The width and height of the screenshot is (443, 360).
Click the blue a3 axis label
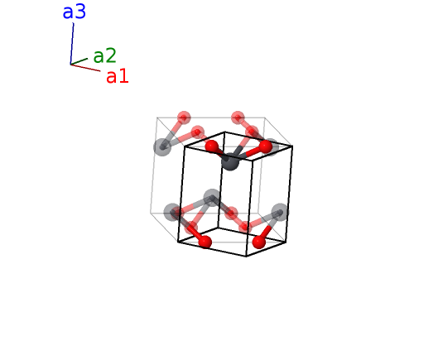pyautogui.click(x=75, y=12)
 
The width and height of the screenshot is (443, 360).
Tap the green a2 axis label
pyautogui.click(x=104, y=55)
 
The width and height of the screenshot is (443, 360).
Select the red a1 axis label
pyautogui.click(x=118, y=76)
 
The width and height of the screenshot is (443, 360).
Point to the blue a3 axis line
pyautogui.click(x=72, y=44)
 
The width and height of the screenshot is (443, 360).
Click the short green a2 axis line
pyautogui.click(x=79, y=61)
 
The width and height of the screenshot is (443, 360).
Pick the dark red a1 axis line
pyautogui.click(x=85, y=68)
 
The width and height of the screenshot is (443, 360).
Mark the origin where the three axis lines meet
pyautogui.click(x=70, y=65)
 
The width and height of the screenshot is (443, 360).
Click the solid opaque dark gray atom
pyautogui.click(x=230, y=161)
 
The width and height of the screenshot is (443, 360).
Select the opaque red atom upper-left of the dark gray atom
pyautogui.click(x=212, y=146)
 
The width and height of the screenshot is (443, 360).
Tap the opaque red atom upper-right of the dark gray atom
pyautogui.click(x=265, y=146)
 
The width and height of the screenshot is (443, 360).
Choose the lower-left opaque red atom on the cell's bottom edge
pyautogui.click(x=205, y=242)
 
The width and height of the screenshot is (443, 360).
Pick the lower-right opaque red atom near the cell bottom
pyautogui.click(x=259, y=242)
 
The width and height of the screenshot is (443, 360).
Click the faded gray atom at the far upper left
pyautogui.click(x=162, y=146)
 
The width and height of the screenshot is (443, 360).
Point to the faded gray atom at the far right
pyautogui.click(x=280, y=212)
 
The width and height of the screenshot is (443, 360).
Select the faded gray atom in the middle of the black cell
pyautogui.click(x=212, y=198)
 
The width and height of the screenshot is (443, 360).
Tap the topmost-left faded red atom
pyautogui.click(x=184, y=118)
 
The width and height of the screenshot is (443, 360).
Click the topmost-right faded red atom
pyautogui.click(x=238, y=118)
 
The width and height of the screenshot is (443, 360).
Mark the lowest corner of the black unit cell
pyautogui.click(x=246, y=257)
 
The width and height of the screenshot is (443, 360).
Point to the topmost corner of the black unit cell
pyautogui.click(x=224, y=132)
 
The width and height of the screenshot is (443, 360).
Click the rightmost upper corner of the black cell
pyautogui.click(x=292, y=146)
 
